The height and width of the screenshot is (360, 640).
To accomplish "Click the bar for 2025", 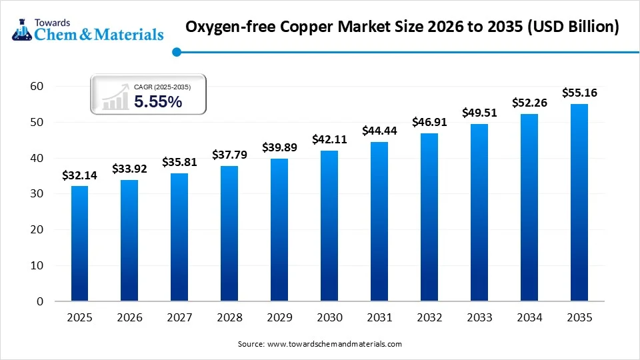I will click(79, 243).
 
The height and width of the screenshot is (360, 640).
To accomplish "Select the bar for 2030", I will click(329, 225).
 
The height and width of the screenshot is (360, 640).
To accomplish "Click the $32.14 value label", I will click(79, 176).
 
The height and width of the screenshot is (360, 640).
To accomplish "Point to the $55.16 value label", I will click(579, 93).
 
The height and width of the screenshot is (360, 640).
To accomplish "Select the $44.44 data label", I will click(379, 131).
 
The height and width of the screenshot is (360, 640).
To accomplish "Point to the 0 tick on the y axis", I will click(40, 301).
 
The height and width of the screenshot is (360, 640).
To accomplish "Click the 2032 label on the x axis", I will click(429, 318).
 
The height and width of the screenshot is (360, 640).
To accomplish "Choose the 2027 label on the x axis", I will click(179, 318).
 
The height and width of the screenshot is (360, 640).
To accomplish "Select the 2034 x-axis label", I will click(529, 318).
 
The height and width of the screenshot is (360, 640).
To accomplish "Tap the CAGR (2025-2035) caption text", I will click(162, 87).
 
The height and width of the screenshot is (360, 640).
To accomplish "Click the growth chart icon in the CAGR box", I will click(115, 97).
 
